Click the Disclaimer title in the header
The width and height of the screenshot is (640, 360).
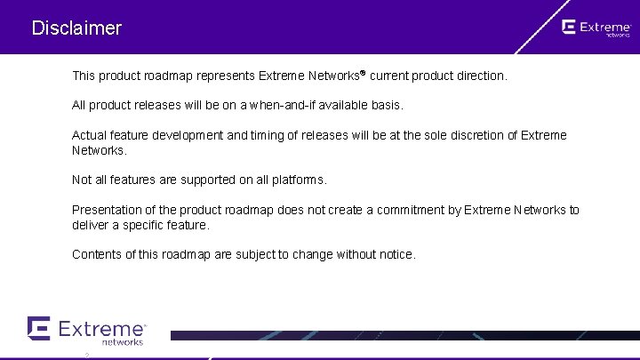tap(76, 28)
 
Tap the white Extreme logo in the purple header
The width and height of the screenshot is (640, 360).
tap(596, 28)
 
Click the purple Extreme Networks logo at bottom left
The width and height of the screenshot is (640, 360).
tap(86, 331)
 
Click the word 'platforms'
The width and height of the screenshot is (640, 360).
tap(300, 180)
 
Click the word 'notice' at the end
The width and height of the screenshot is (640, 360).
tap(396, 255)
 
